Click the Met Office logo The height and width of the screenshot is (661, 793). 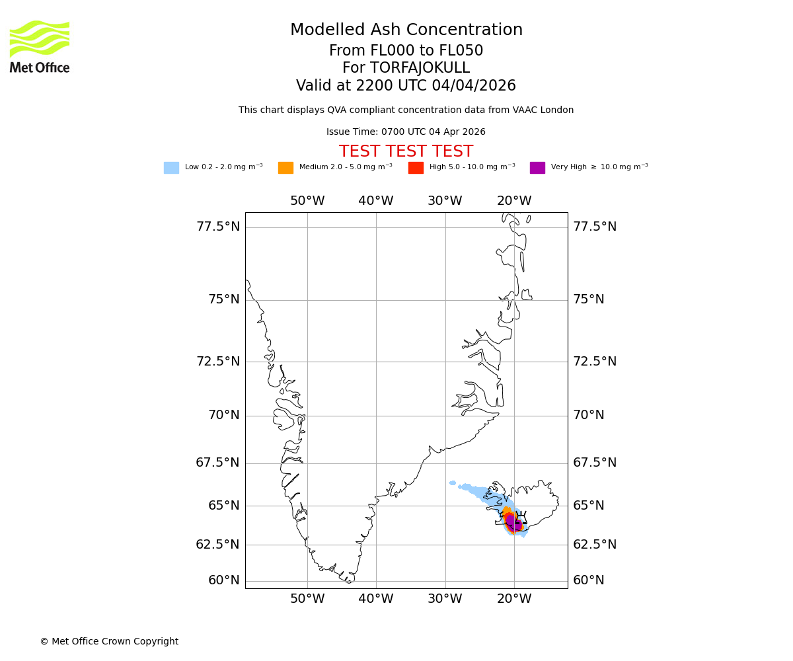point(40,46)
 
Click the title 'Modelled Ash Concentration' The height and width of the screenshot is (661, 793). point(406,30)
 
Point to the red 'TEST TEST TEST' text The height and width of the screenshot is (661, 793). point(406,151)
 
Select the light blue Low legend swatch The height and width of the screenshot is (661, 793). point(171,168)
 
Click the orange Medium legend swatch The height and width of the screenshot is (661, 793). point(285,168)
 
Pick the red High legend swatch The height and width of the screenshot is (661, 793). point(416,168)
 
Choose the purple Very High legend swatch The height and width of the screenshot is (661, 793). point(537,168)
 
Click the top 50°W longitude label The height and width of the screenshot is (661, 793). point(307,201)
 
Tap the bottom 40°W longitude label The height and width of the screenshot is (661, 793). point(376,599)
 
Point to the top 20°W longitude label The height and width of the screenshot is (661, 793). point(514,201)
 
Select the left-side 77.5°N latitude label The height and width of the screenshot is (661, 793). point(218,227)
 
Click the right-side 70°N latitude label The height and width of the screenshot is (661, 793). point(588,415)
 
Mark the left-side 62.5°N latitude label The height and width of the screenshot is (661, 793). point(218,545)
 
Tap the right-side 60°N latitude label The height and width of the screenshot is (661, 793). point(588,580)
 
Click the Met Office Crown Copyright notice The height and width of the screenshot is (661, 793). point(109,641)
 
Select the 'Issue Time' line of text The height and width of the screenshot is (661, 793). point(406,132)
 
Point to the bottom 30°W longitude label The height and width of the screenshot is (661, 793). point(445,599)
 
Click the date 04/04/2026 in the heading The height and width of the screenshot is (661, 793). point(474,86)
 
